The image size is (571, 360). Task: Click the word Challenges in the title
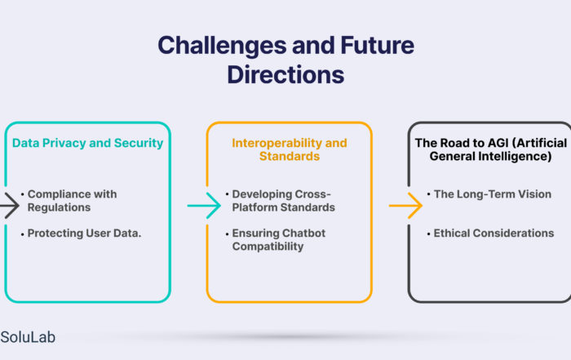pos(222,47)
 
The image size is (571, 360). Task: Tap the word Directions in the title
pos(285,75)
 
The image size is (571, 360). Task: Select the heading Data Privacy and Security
pos(87,143)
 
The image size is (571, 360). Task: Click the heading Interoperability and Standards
pos(290,149)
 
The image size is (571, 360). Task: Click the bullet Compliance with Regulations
pos(72,201)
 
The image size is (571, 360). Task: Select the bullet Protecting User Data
pos(84,233)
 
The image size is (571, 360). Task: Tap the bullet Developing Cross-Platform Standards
pos(283,201)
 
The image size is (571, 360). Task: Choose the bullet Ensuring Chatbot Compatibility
pos(279,240)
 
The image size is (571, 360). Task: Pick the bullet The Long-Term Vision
pos(493,194)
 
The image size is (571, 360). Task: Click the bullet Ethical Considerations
pos(494,233)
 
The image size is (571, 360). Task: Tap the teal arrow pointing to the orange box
pos(204,206)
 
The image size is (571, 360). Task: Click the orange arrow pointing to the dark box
pos(405,206)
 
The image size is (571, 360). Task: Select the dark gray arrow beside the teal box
pos(10,206)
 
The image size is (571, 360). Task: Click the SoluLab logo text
pos(28,337)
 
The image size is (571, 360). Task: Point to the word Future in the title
pos(377,46)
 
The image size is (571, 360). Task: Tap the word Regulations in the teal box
pos(59,207)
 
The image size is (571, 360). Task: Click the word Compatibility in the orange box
pos(268,247)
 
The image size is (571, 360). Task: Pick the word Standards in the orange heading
pos(290,156)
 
